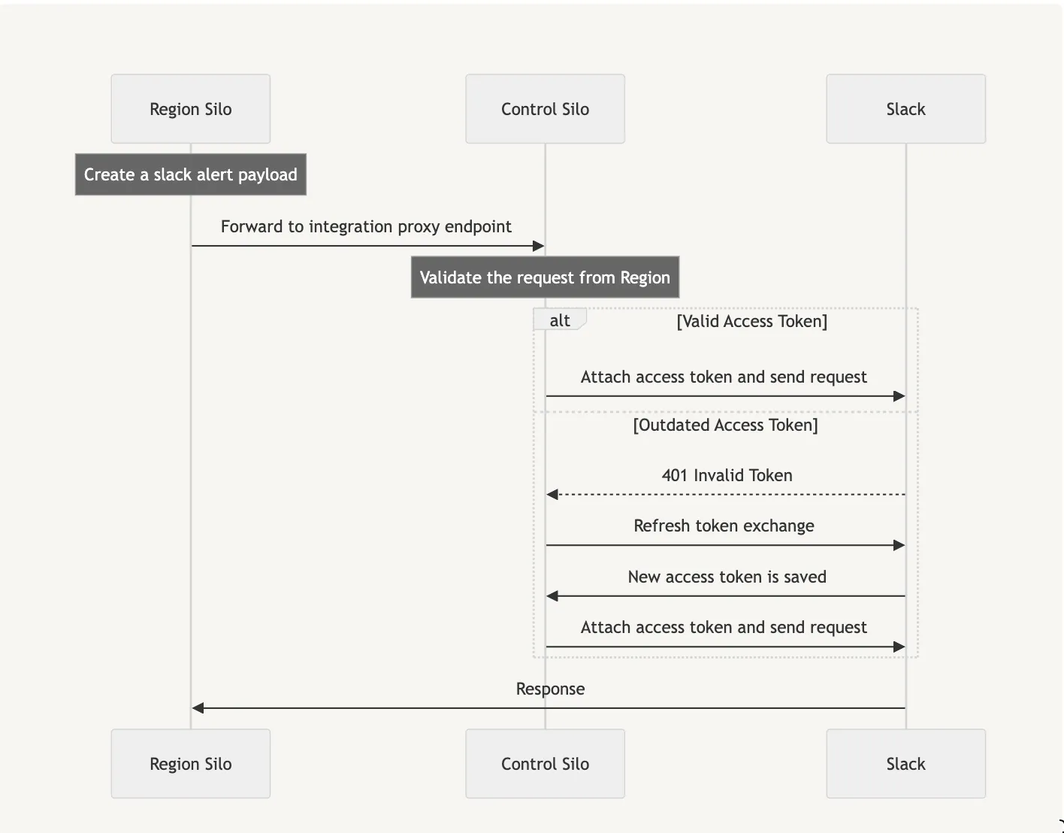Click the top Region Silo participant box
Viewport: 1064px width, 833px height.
click(190, 109)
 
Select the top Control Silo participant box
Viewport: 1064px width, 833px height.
click(545, 109)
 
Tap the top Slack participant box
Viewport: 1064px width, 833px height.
click(905, 109)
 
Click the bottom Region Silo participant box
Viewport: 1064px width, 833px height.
click(190, 764)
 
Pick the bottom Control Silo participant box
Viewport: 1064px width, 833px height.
click(545, 764)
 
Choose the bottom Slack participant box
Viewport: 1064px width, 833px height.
click(905, 764)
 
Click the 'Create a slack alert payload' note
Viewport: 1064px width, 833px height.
click(190, 174)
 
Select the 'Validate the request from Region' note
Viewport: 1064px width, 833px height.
click(545, 277)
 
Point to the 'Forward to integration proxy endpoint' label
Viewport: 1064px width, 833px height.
click(366, 226)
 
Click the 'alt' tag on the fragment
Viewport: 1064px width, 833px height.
click(560, 320)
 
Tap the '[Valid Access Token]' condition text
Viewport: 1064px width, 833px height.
click(751, 321)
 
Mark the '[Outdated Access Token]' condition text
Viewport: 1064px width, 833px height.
click(725, 425)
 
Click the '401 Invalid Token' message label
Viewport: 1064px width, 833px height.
click(727, 475)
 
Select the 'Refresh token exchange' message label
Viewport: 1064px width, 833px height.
click(724, 526)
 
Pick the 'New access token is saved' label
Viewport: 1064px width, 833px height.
click(727, 577)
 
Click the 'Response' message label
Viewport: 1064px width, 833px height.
click(550, 689)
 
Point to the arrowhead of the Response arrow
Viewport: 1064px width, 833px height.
click(198, 708)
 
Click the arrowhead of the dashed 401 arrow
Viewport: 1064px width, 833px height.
click(553, 495)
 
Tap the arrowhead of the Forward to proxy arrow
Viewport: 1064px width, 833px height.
click(538, 246)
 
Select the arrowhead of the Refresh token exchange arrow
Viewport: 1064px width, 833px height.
click(899, 545)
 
